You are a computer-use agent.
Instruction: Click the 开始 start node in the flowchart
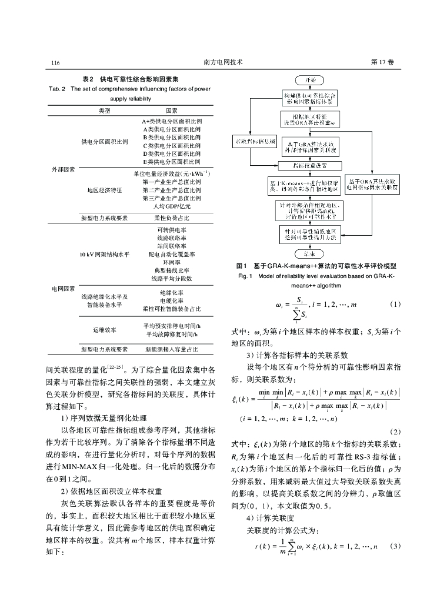(310, 79)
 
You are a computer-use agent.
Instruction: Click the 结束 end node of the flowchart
(309, 253)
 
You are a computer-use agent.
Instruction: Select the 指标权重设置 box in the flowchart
(309, 166)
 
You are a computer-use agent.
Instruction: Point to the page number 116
(56, 62)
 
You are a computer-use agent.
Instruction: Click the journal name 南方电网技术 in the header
(223, 62)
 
